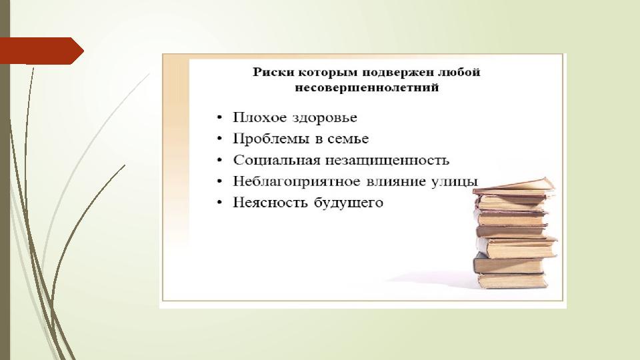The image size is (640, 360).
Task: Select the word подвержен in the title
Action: tap(398, 73)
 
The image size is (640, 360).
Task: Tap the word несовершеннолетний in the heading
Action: tap(367, 87)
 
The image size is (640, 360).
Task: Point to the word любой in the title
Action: tap(459, 72)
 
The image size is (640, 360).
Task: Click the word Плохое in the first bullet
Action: tap(259, 117)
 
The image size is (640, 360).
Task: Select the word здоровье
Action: tap(325, 118)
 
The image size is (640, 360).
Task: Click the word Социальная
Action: tap(276, 160)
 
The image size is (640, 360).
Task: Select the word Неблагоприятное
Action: tap(297, 181)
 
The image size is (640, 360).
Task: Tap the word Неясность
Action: tap(270, 203)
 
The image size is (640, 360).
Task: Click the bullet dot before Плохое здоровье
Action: tap(219, 118)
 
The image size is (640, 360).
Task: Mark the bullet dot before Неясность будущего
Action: tap(219, 203)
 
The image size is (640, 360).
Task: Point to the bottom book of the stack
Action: tap(512, 281)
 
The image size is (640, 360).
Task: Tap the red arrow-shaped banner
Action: tap(41, 51)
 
